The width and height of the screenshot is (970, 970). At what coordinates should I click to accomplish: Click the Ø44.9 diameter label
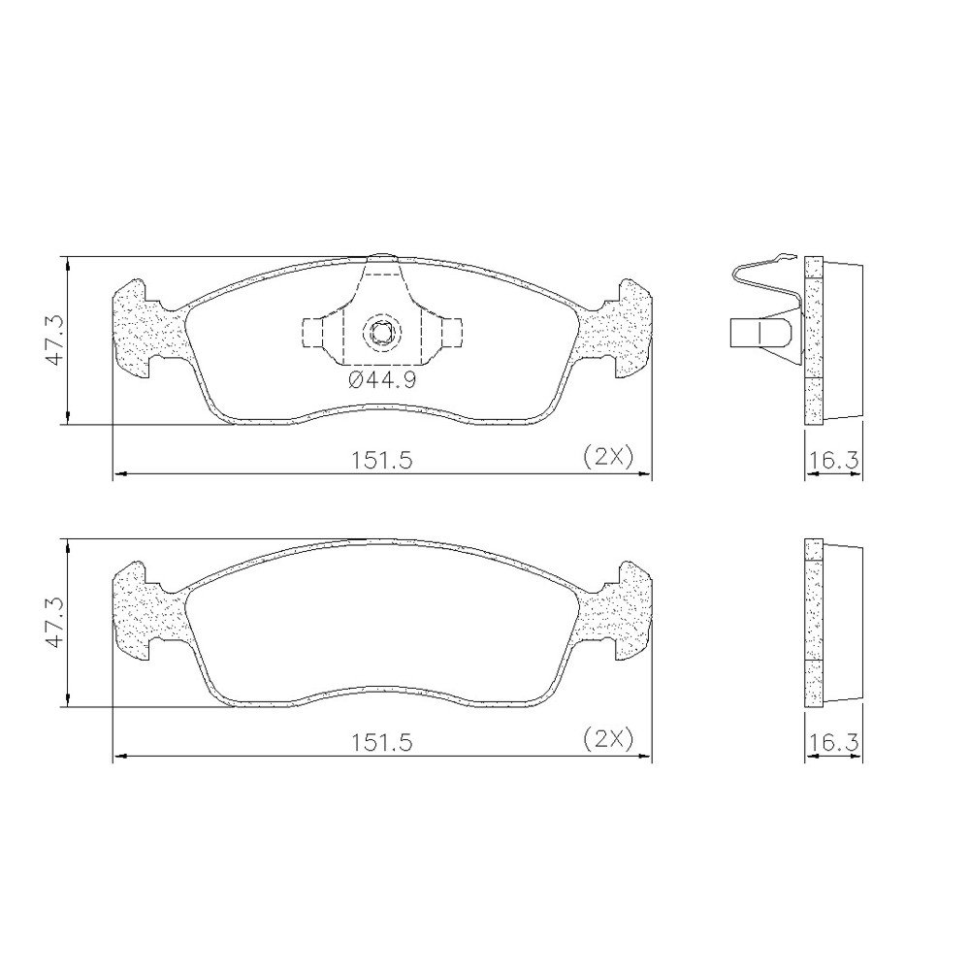click(x=381, y=380)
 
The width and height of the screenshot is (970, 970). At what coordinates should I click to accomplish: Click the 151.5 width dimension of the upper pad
click(x=381, y=460)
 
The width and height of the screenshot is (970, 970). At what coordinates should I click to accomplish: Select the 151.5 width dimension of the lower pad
click(x=381, y=742)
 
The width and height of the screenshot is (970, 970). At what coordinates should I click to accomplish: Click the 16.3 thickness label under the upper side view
click(x=834, y=460)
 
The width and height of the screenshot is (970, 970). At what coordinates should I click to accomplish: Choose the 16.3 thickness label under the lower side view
click(x=834, y=742)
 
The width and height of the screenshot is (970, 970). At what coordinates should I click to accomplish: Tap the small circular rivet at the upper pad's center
click(x=381, y=333)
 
